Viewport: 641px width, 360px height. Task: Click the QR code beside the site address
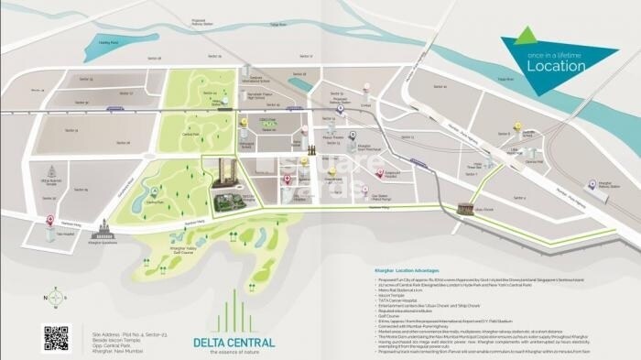pos(56,337)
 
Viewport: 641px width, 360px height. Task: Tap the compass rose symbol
pos(56,298)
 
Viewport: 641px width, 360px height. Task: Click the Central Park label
pos(190,135)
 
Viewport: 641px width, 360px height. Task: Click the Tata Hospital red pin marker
pos(49,220)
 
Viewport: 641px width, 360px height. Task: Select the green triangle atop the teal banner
pos(524,36)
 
